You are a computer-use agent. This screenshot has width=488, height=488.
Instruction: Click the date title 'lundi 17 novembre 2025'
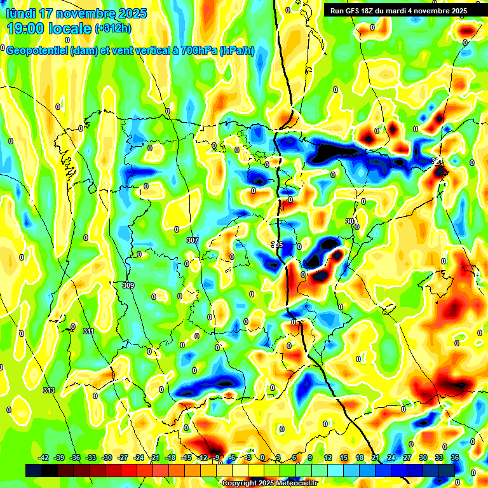pos(76,13)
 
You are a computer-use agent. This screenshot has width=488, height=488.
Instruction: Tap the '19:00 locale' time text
pos(48,28)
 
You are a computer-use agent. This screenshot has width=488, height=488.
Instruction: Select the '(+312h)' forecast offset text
pos(113,28)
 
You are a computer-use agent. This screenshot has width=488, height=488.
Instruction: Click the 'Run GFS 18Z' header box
pos(398,10)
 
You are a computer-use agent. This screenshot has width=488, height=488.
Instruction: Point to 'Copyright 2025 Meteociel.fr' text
pos(269,484)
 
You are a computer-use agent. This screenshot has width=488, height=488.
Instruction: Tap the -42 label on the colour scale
pos(44,457)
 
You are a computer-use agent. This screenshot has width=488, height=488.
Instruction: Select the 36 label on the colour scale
pos(455,457)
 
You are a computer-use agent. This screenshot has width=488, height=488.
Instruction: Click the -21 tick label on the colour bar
pos(154,457)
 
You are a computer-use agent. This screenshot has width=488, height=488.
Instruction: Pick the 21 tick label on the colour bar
pos(376,457)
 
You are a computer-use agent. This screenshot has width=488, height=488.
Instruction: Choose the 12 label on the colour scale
pos(328,457)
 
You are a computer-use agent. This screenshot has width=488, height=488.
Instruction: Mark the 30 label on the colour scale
pos(423,457)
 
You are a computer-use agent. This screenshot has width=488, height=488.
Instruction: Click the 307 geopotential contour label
pos(193,240)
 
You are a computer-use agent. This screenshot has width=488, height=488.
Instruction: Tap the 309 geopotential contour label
pos(128,286)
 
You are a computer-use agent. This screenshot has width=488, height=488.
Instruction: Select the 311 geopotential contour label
pos(88,331)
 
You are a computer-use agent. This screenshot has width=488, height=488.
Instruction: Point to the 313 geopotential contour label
pos(49,390)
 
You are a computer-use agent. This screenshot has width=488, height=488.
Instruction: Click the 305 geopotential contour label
pos(277,245)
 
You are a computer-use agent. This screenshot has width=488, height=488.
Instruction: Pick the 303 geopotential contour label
pos(351,220)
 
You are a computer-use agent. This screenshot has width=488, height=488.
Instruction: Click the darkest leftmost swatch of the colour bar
pos(34,470)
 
